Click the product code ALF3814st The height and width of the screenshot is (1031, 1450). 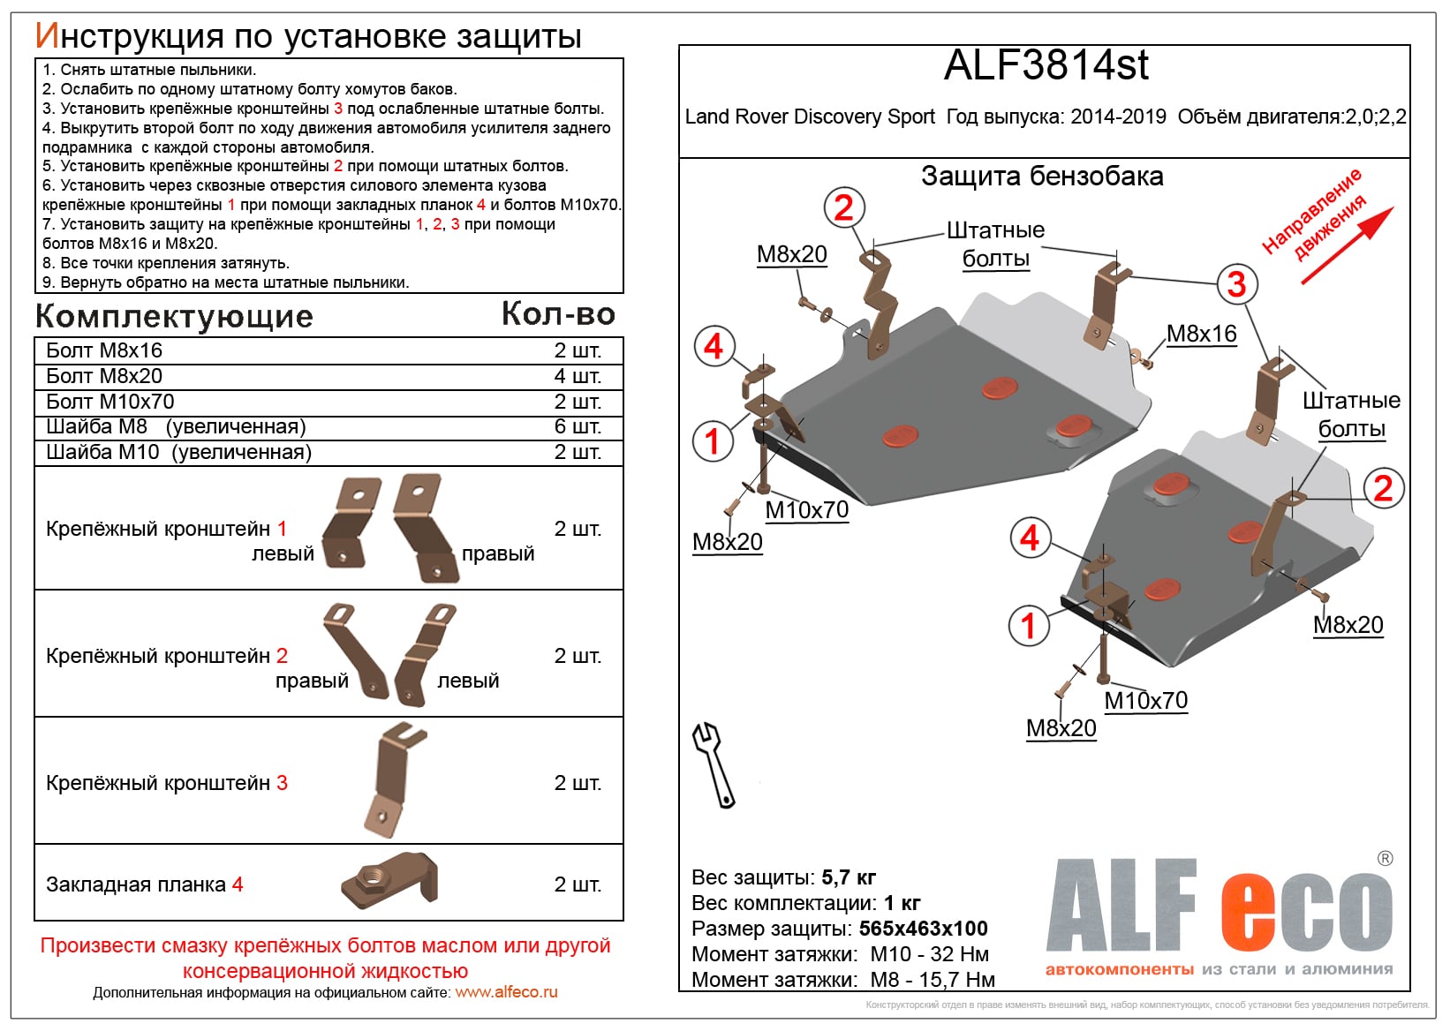tap(1046, 65)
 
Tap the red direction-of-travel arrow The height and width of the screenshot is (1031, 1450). tap(1347, 246)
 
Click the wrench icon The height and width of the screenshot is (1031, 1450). tap(713, 764)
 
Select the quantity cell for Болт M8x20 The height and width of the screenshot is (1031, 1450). tap(577, 376)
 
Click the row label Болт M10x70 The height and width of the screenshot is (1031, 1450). tap(110, 402)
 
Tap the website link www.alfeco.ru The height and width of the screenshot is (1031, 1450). tap(506, 992)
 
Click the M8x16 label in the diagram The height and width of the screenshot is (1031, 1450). tap(1201, 334)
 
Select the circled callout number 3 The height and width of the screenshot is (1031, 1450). tap(1236, 284)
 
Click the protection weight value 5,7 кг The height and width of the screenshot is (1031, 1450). tap(849, 877)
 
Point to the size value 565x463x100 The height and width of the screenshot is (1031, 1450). tap(923, 929)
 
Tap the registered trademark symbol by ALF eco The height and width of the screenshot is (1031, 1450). tap(1385, 858)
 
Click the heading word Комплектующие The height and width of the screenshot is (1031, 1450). tap(174, 316)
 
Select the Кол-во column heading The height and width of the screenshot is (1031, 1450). tap(558, 313)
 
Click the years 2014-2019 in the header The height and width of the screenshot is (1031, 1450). tap(1118, 117)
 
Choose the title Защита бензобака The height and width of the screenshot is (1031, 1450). tap(1042, 177)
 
